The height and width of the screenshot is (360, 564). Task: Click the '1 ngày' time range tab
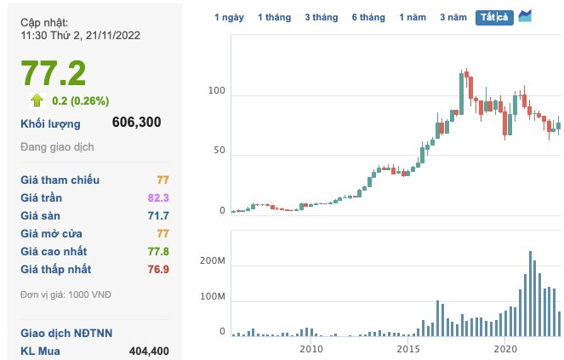click(229, 17)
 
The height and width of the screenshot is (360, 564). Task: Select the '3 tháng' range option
click(320, 17)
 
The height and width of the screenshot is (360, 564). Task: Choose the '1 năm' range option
click(413, 17)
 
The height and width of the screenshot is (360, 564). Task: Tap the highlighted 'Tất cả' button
click(494, 17)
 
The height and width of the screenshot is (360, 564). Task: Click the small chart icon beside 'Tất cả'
click(525, 16)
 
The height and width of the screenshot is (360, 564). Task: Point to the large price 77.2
click(54, 73)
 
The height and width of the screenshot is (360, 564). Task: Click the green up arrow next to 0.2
click(37, 100)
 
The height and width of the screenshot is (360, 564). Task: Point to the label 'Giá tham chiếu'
click(60, 180)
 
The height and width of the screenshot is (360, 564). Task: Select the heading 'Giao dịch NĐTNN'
click(66, 333)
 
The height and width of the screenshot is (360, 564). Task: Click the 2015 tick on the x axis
click(408, 350)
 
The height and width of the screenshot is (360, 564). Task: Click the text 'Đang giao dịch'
click(58, 146)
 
